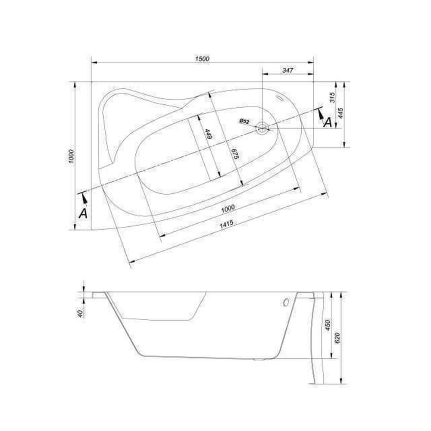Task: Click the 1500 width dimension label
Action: pyautogui.click(x=202, y=59)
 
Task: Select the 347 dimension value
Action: pyautogui.click(x=287, y=70)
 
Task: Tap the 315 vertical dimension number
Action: pyautogui.click(x=332, y=97)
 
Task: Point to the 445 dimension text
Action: pyautogui.click(x=340, y=113)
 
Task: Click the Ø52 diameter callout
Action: pyautogui.click(x=244, y=121)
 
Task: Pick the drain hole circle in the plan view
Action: pyautogui.click(x=262, y=128)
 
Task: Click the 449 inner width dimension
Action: pyautogui.click(x=208, y=134)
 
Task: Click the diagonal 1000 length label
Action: pyautogui.click(x=228, y=208)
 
